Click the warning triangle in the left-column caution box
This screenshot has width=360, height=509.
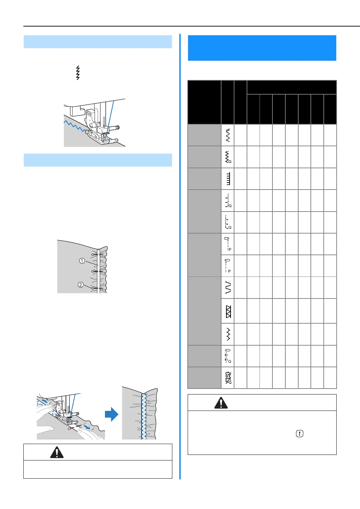tap(57, 452)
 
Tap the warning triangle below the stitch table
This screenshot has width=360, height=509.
tap(221, 403)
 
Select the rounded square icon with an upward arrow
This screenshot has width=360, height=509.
tap(299, 434)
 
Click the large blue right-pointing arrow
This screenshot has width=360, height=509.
tap(112, 414)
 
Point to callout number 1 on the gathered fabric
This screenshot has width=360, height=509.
tap(82, 261)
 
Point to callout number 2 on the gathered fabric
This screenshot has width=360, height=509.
tap(81, 285)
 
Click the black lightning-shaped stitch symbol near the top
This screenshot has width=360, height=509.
tap(78, 73)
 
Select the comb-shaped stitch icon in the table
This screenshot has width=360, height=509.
tap(228, 179)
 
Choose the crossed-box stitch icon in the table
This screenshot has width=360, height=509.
tap(228, 311)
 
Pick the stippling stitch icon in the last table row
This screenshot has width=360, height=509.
tap(228, 378)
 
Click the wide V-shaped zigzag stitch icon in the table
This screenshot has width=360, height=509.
tap(228, 287)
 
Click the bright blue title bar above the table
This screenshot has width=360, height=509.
tap(262, 48)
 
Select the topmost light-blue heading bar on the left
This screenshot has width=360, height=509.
tap(98, 42)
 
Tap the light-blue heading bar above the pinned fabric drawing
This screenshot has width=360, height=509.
tap(98, 160)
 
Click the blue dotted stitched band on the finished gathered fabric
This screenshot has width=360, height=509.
tap(143, 415)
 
